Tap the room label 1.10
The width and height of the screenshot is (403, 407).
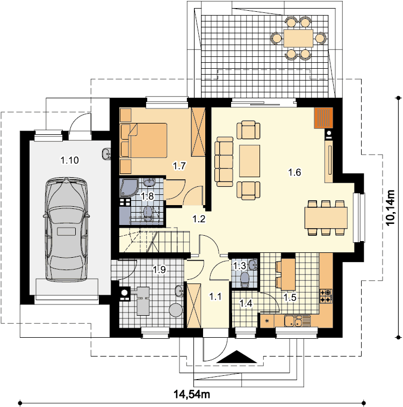[x=70, y=160]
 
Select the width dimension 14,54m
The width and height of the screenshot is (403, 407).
[x=192, y=394]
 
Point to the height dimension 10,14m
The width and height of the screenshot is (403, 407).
[x=391, y=208]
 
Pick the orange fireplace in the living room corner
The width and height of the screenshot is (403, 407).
[x=323, y=118]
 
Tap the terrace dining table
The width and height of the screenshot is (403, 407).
[x=298, y=39]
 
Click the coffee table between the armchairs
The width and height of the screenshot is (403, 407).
[x=249, y=161]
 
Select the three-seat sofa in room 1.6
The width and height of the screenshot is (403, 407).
[x=224, y=162]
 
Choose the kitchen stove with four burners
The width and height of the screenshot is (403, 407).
[x=326, y=296]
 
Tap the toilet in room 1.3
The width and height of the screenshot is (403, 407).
[x=244, y=280]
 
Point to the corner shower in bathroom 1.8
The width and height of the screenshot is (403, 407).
[x=129, y=187]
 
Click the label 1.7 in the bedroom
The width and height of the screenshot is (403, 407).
[x=179, y=165]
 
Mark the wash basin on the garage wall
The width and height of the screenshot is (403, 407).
[x=106, y=154]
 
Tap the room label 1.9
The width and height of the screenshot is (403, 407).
[x=159, y=270]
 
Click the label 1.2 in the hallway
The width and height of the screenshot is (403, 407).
[x=199, y=219]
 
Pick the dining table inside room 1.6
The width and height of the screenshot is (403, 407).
[x=326, y=217]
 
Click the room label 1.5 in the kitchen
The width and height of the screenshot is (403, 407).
[x=290, y=297]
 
